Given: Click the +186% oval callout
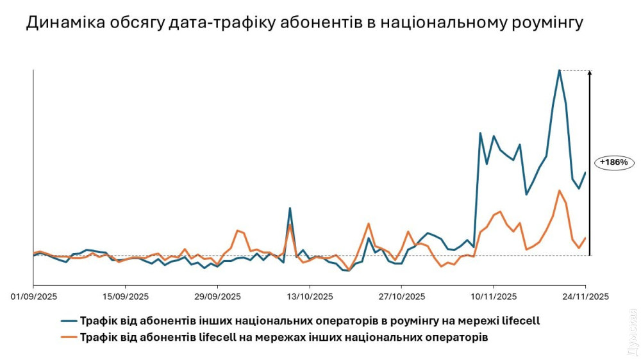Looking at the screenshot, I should (613, 163).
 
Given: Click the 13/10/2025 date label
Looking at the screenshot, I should (309, 297).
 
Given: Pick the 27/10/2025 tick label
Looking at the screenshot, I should (401, 297).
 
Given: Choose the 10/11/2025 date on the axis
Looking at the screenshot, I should (493, 297).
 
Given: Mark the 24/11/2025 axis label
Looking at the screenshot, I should (585, 297).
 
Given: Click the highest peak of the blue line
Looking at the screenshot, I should (560, 70).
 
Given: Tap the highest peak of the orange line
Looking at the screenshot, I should (560, 190).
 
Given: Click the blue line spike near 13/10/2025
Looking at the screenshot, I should (290, 208).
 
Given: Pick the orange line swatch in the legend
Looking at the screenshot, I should (69, 336).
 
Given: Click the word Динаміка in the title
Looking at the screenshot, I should (62, 24).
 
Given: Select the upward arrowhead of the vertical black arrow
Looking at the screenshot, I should (590, 72).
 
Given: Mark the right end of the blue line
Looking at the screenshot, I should (585, 172).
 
